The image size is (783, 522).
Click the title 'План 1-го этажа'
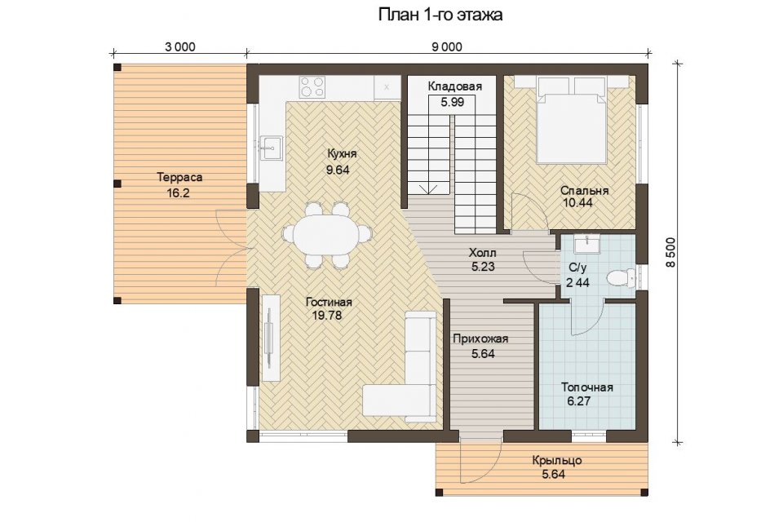coord(440,15)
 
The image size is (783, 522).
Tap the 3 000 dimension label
coord(179,47)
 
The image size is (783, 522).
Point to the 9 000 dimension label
coord(447,47)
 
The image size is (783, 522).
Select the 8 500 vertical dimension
coord(670,252)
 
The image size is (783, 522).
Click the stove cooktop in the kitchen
coord(312,86)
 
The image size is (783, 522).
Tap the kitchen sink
coord(270,146)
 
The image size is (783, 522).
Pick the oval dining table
coord(327,235)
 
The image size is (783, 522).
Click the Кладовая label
coord(455,86)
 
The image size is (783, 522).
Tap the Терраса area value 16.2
coord(179,192)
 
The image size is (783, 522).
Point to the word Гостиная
coord(329,303)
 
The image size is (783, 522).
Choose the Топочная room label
coord(586,387)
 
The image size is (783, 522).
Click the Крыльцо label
coord(557,460)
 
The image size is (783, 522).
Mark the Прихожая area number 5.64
coord(483,354)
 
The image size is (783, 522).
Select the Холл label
coord(483,252)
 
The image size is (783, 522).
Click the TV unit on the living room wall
coord(270,338)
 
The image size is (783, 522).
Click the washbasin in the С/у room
coord(587,245)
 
